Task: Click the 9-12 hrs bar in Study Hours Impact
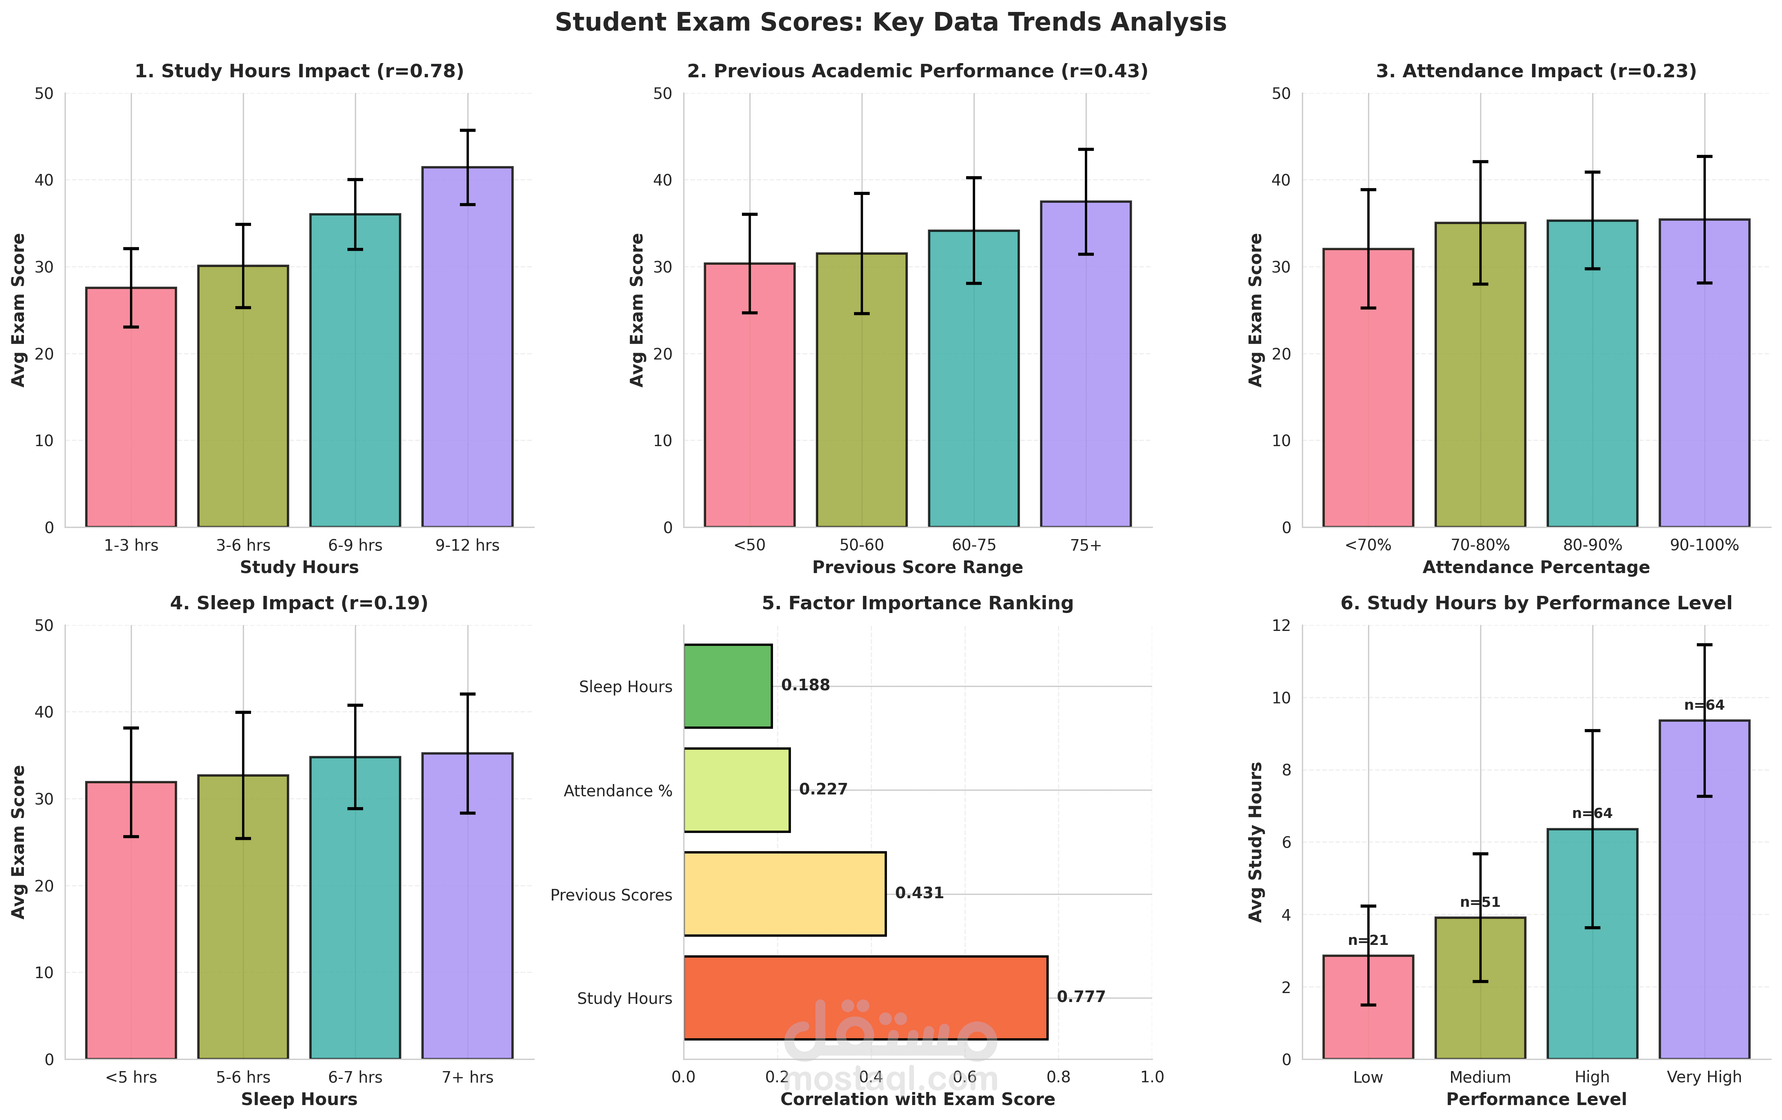(467, 348)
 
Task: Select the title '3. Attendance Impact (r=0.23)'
(1536, 71)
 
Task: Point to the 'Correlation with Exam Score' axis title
(918, 1100)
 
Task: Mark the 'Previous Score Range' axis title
(918, 567)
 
